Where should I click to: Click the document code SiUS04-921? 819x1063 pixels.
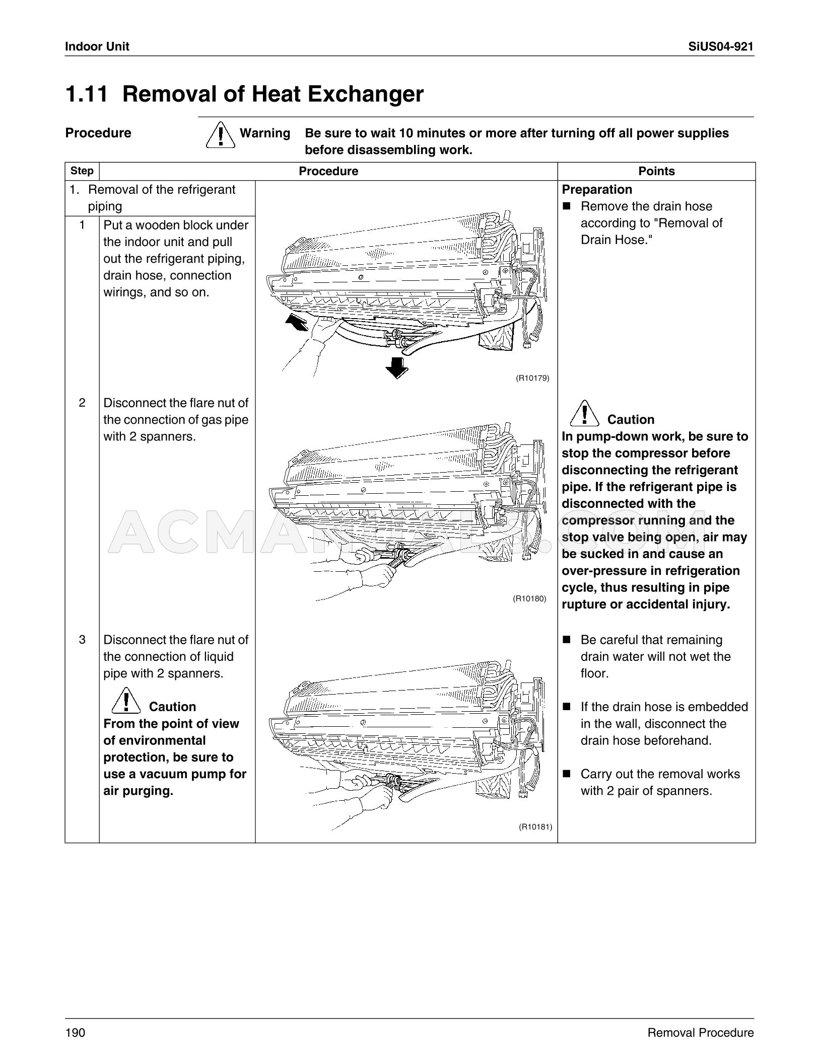point(721,47)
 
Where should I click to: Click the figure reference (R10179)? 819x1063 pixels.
point(532,377)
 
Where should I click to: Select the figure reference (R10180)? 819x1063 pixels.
point(529,598)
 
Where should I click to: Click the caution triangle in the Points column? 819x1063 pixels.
point(584,413)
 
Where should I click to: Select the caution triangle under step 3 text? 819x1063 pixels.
point(126,700)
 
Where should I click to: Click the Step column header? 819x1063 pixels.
point(82,171)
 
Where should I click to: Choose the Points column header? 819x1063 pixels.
point(656,171)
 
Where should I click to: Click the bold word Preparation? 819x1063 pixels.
point(597,190)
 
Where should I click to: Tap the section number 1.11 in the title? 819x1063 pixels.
point(87,94)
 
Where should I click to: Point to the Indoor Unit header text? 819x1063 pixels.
point(97,47)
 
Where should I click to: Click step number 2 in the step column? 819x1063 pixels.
point(82,403)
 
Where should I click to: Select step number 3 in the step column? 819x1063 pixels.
point(82,640)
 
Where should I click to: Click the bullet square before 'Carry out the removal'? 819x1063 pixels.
point(567,774)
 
